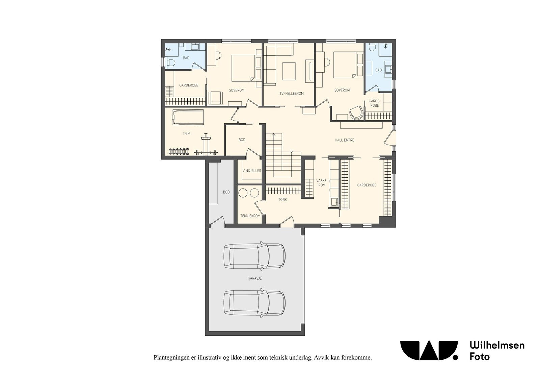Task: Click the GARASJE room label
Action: (254, 278)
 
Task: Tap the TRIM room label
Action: (186, 133)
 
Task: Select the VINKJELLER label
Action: (252, 171)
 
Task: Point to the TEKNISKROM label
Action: (250, 216)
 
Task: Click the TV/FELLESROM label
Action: (292, 93)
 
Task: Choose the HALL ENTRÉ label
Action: (344, 140)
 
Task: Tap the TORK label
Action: (282, 200)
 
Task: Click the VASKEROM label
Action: (322, 183)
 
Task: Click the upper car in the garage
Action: (254, 256)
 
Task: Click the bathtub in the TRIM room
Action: (188, 118)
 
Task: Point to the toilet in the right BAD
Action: (372, 47)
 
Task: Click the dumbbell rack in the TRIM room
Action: (179, 151)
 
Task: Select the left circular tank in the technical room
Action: (242, 193)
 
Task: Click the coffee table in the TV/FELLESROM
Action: (289, 71)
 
